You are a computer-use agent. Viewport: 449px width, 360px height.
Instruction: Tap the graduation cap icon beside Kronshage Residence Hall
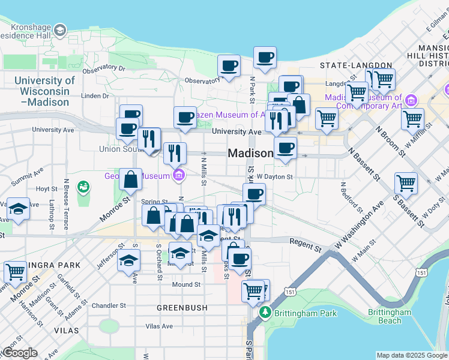pos(59,30)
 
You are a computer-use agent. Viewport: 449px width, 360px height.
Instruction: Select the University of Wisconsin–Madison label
pos(44,91)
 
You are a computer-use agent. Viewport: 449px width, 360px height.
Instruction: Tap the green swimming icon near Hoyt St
pos(83,187)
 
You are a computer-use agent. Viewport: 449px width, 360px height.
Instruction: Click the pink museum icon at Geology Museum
pos(179,176)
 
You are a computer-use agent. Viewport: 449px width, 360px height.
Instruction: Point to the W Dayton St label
pos(274,177)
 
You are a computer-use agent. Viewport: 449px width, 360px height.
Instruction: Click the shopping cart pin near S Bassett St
pos(406,183)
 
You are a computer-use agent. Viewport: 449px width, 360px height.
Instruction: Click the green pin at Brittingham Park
pos(264,313)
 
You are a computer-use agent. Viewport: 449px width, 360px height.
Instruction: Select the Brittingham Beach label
pos(390,316)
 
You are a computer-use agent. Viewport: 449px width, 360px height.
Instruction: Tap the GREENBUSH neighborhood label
pos(182,308)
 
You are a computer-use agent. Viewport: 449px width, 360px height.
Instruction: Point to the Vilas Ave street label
pos(159,326)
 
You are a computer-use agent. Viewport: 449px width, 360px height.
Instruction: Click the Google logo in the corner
pos(19,353)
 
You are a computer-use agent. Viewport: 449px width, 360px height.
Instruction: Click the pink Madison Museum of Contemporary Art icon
pos(411,99)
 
